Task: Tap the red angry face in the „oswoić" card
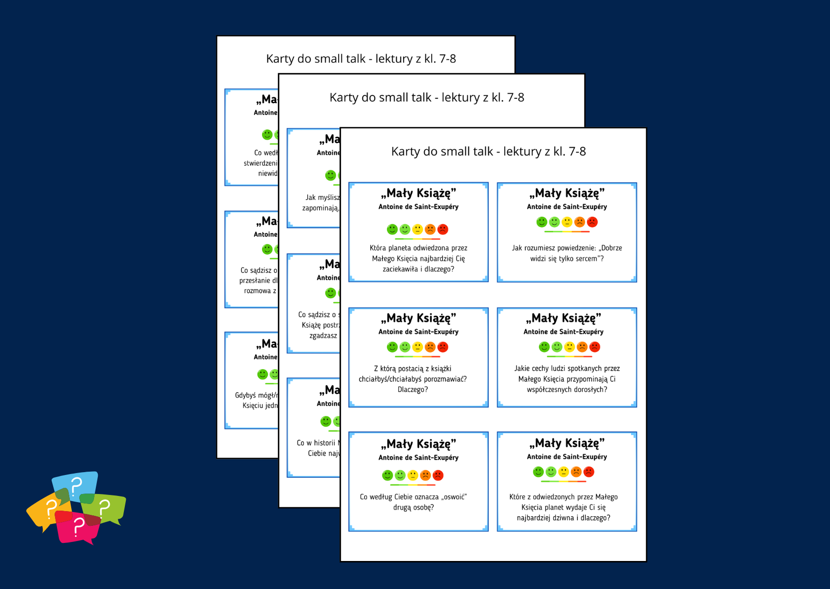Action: pyautogui.click(x=438, y=475)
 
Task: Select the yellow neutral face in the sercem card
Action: pyautogui.click(x=567, y=222)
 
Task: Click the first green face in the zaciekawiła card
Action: pyautogui.click(x=392, y=229)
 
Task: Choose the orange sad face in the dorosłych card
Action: pyautogui.click(x=582, y=347)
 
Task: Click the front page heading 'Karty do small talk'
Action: pyautogui.click(x=488, y=152)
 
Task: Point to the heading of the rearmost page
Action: pyautogui.click(x=361, y=59)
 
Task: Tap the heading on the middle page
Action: pyautogui.click(x=426, y=98)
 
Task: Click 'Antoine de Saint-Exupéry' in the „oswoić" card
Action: pyautogui.click(x=418, y=457)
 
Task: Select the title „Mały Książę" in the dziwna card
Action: pyautogui.click(x=567, y=443)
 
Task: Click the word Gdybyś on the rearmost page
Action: pyautogui.click(x=245, y=395)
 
